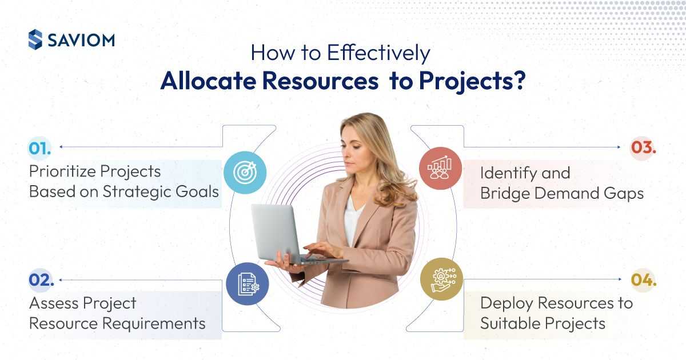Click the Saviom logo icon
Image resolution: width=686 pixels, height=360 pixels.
(x=35, y=39)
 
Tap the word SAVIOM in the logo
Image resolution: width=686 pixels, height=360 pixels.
(x=81, y=41)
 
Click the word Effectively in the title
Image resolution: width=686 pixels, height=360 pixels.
(x=378, y=53)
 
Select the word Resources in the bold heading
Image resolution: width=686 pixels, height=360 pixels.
(x=320, y=81)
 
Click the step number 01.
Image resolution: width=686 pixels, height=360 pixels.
(x=39, y=149)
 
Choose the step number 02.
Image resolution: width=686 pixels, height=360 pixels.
(x=41, y=280)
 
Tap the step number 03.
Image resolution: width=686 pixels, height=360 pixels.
(x=644, y=147)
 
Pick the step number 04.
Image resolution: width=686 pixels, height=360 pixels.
(x=644, y=280)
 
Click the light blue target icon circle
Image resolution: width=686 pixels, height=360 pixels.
(x=245, y=173)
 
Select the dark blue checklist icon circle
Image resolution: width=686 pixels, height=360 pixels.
(x=248, y=284)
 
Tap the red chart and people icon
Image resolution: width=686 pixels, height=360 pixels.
(x=440, y=169)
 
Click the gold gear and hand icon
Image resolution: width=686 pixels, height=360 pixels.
(x=441, y=279)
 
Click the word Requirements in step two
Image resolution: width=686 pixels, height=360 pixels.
(x=154, y=323)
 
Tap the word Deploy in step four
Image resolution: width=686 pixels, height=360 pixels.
(x=506, y=304)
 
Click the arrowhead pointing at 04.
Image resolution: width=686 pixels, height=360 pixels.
(x=620, y=279)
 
